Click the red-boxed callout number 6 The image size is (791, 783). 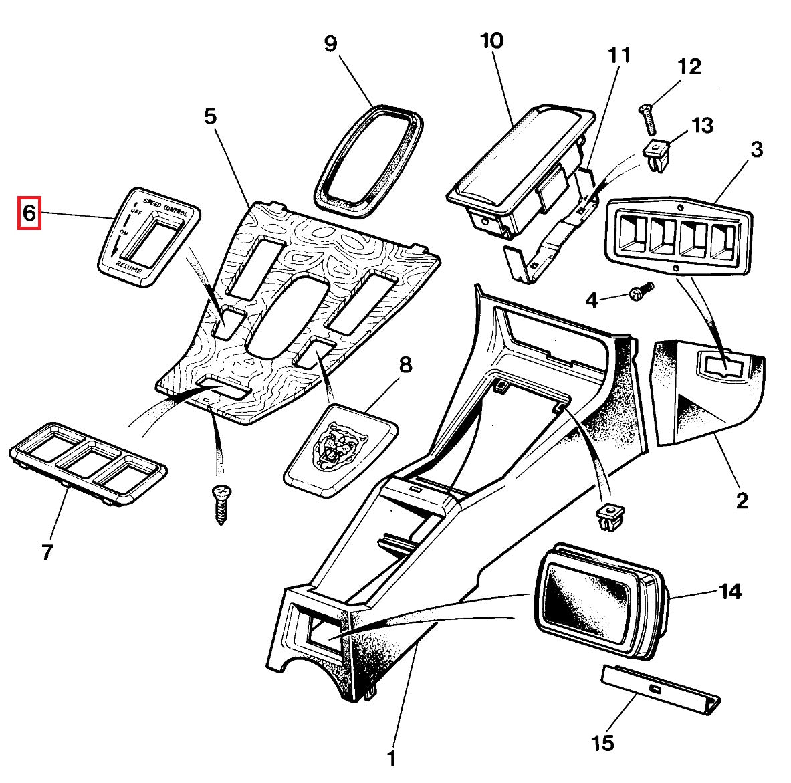tap(29, 213)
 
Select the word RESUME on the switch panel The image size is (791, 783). tap(129, 268)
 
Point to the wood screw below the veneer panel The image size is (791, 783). tap(220, 504)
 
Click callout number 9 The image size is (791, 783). tap(331, 44)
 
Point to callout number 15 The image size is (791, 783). tap(603, 742)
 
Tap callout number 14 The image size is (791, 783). tap(730, 591)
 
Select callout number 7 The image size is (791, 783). tap(47, 552)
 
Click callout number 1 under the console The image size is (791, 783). tap(392, 758)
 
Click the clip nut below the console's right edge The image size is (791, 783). tap(607, 517)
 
